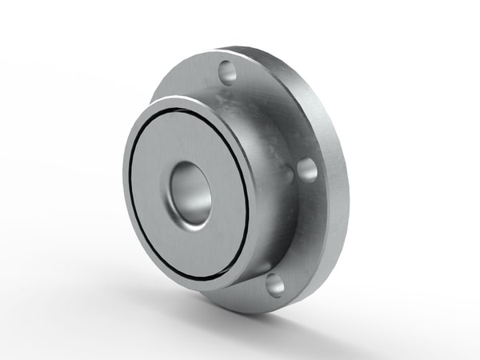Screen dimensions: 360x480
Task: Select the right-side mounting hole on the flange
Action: (x=305, y=170)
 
